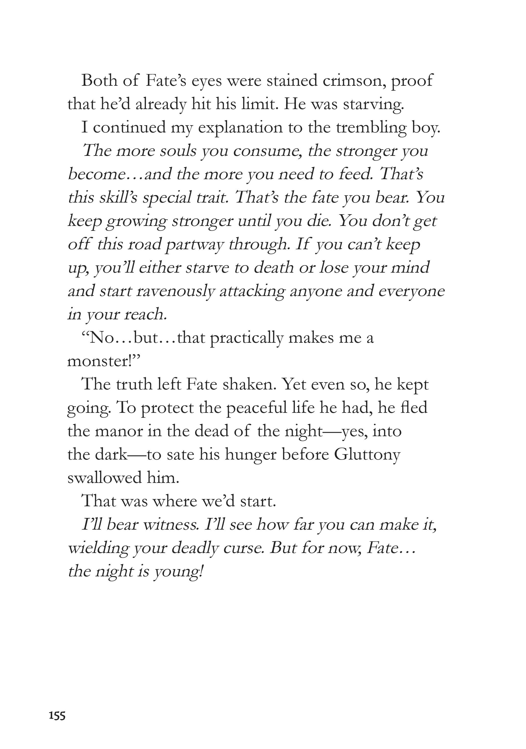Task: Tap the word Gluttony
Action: pyautogui.click(x=367, y=455)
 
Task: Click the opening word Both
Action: pyautogui.click(x=99, y=81)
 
